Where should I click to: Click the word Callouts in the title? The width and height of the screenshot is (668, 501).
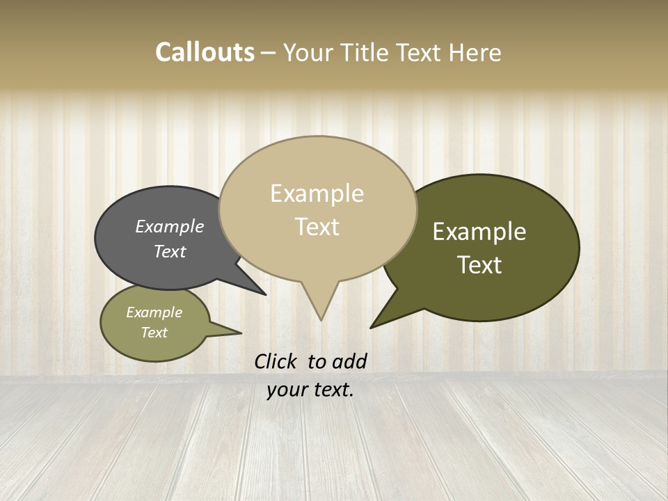tap(205, 52)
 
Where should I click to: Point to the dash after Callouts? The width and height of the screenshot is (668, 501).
tap(269, 53)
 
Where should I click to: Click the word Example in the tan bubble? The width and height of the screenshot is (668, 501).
tap(317, 193)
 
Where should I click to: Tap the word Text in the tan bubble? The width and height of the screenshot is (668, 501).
tap(317, 227)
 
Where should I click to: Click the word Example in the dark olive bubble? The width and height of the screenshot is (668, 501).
tap(479, 232)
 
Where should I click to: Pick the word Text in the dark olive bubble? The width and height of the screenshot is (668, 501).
tap(479, 265)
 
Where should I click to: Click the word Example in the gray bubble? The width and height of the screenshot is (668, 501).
tap(169, 226)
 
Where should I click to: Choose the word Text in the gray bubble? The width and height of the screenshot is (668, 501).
tap(169, 251)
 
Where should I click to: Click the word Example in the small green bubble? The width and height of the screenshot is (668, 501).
tap(154, 312)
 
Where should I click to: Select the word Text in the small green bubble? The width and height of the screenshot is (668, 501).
tap(154, 333)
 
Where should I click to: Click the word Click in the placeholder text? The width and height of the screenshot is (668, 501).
tap(276, 361)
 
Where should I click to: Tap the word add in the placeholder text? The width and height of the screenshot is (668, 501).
tap(349, 361)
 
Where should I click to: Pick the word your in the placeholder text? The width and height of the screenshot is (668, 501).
tap(286, 390)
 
